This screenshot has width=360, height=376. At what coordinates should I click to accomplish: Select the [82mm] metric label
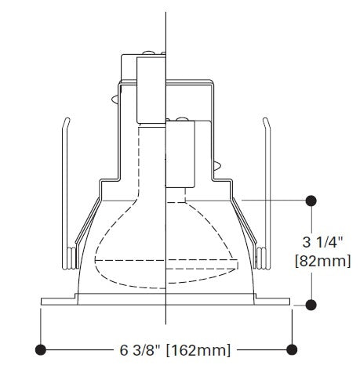[x=322, y=260]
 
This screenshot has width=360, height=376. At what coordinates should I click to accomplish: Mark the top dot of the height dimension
[x=311, y=201]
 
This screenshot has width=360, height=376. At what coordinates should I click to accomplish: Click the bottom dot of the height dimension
[x=311, y=304]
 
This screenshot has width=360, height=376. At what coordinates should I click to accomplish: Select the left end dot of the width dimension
[x=40, y=348]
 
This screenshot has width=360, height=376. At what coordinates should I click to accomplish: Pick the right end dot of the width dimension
[x=293, y=348]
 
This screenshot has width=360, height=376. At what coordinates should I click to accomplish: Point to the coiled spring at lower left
[x=71, y=258]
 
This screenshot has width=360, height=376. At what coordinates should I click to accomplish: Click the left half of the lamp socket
[x=150, y=86]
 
